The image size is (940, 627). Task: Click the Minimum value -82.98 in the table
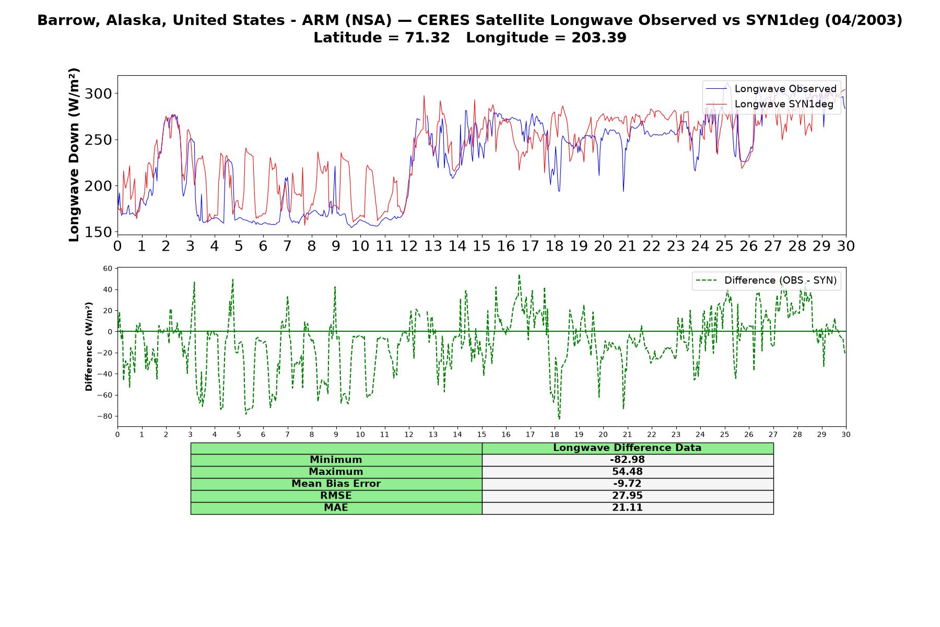click(x=627, y=460)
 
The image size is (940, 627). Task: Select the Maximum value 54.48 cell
click(x=627, y=472)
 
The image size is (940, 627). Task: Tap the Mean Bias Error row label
click(x=336, y=484)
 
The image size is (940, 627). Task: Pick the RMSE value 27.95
click(x=627, y=496)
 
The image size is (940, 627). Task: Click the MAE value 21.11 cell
click(x=627, y=508)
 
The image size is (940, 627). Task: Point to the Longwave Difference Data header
click(x=627, y=448)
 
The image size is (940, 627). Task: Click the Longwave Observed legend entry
click(x=771, y=89)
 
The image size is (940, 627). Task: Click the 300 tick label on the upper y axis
click(x=98, y=94)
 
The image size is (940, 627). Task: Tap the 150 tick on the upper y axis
click(x=98, y=232)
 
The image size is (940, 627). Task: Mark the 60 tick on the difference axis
click(x=108, y=269)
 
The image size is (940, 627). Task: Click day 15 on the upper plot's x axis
click(x=481, y=246)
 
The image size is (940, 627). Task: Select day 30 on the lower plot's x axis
click(x=846, y=434)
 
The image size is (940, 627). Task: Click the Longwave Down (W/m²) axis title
click(x=74, y=155)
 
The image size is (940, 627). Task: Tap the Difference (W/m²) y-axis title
click(x=89, y=346)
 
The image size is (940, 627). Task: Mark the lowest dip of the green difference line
click(x=559, y=419)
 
